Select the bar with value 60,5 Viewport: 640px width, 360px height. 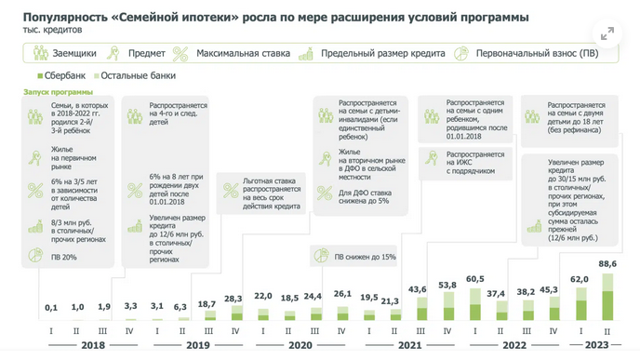pos(474,303)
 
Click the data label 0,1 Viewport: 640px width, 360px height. pos(51,307)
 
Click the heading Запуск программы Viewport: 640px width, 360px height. pos(58,92)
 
